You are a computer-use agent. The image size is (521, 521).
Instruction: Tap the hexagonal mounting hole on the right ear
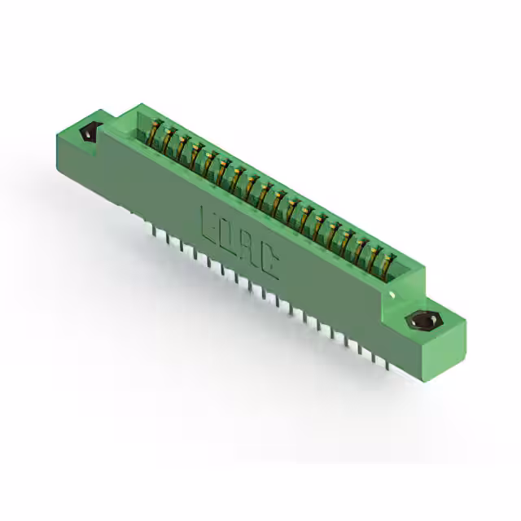coord(422,322)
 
